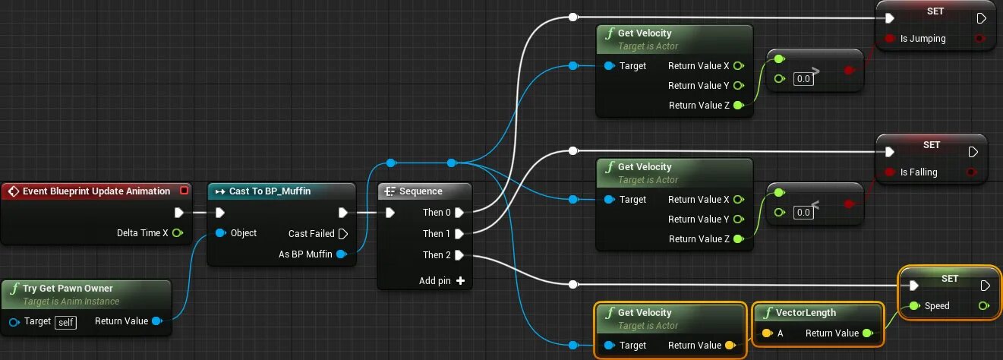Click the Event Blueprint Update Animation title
point(96,191)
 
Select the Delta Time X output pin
point(178,233)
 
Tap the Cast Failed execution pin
point(342,234)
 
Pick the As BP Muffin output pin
point(342,254)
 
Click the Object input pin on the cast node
point(220,233)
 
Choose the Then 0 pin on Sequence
point(459,213)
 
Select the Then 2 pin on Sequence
point(459,255)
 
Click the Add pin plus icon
point(460,281)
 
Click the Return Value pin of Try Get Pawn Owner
point(156,321)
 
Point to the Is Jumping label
point(923,39)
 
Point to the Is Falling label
point(919,172)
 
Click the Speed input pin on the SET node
point(914,306)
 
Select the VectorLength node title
point(806,313)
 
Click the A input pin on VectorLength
point(767,333)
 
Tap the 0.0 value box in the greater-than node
point(803,79)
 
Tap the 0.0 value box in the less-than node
point(803,213)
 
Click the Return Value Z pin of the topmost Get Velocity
point(738,106)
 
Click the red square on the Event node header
point(183,191)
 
